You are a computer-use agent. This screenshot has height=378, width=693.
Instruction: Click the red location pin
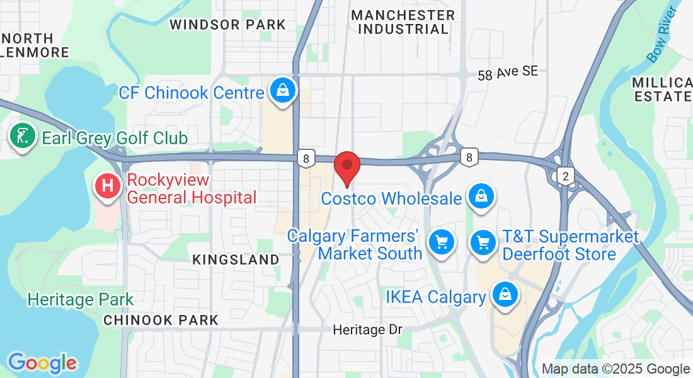(x=346, y=167)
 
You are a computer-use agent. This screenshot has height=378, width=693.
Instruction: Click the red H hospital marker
(x=108, y=186)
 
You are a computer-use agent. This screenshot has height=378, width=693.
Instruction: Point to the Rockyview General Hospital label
(x=192, y=189)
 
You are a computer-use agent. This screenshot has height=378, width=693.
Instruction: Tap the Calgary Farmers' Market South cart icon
(x=441, y=242)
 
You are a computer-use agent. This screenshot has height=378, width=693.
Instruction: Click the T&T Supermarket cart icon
(x=483, y=242)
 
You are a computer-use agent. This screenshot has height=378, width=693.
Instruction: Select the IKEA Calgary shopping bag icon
(x=505, y=294)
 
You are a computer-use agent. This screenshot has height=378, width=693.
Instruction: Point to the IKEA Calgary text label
(x=436, y=297)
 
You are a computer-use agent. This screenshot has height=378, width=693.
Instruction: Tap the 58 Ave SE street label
(x=508, y=72)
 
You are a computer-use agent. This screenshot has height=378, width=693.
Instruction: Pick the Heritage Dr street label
(x=367, y=329)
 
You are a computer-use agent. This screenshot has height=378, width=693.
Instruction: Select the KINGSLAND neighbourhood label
(x=236, y=260)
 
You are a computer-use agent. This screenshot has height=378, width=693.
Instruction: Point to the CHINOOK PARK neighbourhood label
(x=161, y=320)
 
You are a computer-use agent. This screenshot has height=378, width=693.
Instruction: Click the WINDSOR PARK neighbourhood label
(x=228, y=25)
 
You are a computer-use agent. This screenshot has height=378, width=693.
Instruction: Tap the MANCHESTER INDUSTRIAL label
(x=403, y=21)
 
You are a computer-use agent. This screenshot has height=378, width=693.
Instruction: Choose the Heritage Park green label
(x=81, y=299)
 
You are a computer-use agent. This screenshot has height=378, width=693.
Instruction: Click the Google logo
(x=42, y=364)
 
